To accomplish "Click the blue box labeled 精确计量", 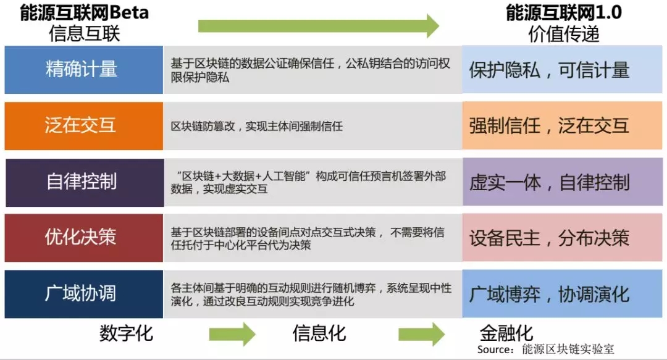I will pyautogui.click(x=83, y=69).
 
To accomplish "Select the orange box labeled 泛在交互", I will pyautogui.click(x=83, y=125).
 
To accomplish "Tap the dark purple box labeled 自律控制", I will pyautogui.click(x=83, y=182).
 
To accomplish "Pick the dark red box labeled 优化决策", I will pyautogui.click(x=83, y=238).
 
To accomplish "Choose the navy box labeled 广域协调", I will pyautogui.click(x=83, y=293).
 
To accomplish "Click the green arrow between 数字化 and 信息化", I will pyautogui.click(x=232, y=334).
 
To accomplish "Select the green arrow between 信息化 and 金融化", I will pyautogui.click(x=421, y=334).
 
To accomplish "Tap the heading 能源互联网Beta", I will pyautogui.click(x=84, y=13).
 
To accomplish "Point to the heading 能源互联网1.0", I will pyautogui.click(x=564, y=13).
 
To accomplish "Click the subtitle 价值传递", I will pyautogui.click(x=564, y=34).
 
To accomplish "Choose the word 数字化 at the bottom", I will pyautogui.click(x=126, y=333).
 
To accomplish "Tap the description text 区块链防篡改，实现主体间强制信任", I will pyautogui.click(x=257, y=127).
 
